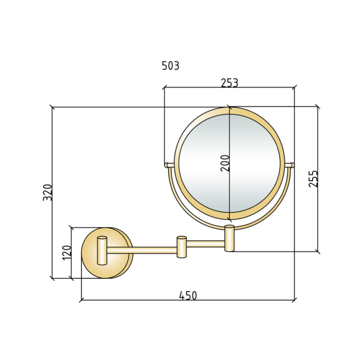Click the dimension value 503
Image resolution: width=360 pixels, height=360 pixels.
170,65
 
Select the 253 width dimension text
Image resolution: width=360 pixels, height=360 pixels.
229,82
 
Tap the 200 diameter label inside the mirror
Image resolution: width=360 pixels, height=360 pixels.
225,163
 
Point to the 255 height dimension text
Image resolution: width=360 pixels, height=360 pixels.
313,178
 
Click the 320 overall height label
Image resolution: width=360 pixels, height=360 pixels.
47,192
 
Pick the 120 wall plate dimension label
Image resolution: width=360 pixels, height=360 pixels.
66,252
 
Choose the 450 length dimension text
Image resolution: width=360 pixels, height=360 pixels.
188,295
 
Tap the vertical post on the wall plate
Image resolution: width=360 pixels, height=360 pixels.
102,250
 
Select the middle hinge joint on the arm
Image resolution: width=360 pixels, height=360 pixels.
181,246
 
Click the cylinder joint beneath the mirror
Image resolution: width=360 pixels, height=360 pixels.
229,238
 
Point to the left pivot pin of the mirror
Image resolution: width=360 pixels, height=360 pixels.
169,164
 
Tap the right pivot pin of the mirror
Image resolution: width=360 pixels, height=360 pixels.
289,165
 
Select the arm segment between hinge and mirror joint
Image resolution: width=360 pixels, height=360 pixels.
205,243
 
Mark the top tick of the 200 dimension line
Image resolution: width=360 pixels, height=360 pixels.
229,107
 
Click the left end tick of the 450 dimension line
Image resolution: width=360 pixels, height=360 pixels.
81,300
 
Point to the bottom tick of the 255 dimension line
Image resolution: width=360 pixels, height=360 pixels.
317,251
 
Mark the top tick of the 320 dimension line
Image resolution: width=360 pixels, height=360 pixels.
52,106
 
